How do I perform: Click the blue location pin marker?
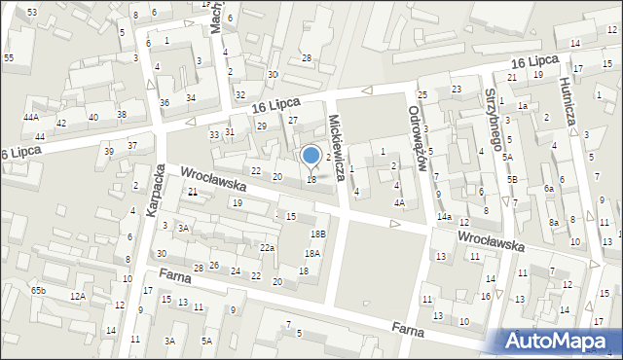coord(311,156)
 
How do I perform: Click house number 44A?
coord(31,117)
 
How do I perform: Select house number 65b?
coord(38,290)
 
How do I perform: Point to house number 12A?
coord(78,296)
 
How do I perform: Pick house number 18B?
coord(318,234)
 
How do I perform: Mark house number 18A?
coord(311,253)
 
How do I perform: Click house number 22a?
coord(267,248)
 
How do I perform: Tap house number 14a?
coord(444,216)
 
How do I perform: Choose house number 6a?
coord(549,189)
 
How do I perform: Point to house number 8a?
coord(553,223)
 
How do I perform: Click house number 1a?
coord(523,106)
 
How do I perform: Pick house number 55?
coord(9,58)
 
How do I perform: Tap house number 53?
coord(32,12)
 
